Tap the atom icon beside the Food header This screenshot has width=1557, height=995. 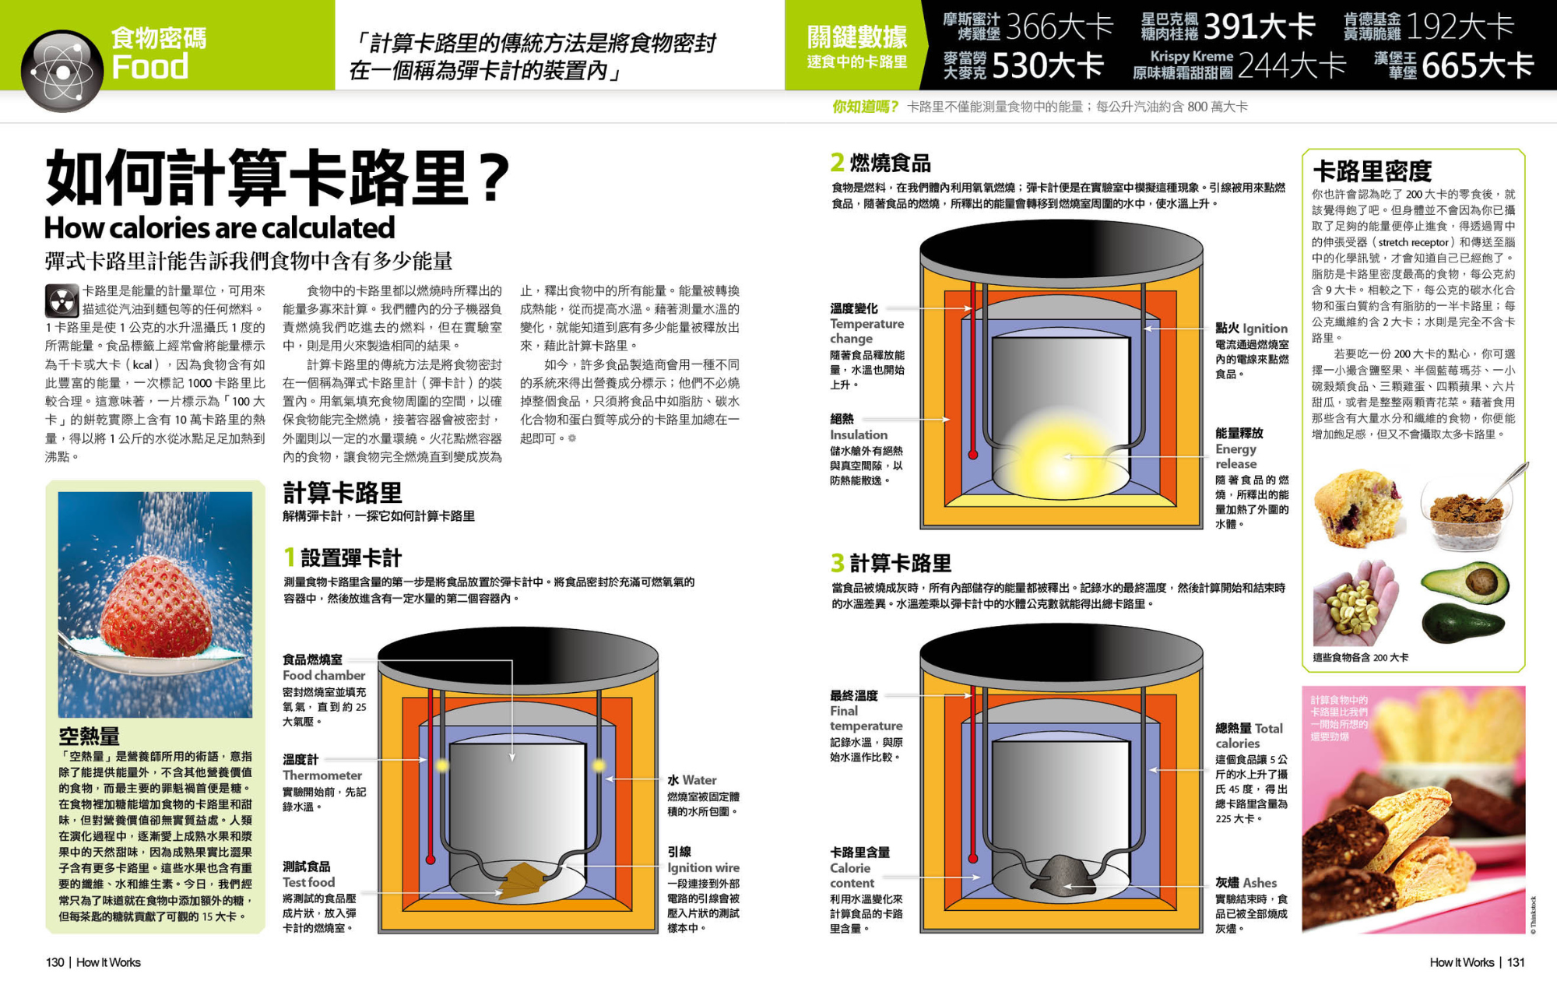click(x=62, y=71)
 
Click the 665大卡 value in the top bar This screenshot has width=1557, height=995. click(x=1477, y=66)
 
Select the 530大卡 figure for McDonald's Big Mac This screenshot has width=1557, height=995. click(x=1047, y=66)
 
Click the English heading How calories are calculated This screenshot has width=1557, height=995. click(x=220, y=228)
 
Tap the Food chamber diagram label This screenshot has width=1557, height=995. click(x=323, y=675)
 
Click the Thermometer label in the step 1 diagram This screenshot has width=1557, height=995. click(x=322, y=775)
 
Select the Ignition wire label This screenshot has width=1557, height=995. click(x=703, y=867)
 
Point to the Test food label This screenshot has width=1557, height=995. click(x=308, y=882)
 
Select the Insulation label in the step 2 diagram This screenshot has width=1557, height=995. click(x=858, y=434)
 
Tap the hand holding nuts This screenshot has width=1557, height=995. click(x=1355, y=603)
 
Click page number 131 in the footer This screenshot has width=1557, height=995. click(x=1516, y=962)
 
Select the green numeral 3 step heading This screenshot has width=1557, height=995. click(x=837, y=562)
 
